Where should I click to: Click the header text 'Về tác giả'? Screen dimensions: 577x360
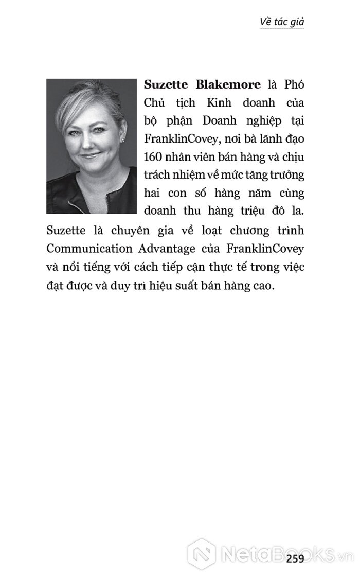[282, 22]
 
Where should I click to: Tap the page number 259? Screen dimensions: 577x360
[296, 559]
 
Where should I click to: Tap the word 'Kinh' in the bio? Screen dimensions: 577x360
[208, 102]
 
